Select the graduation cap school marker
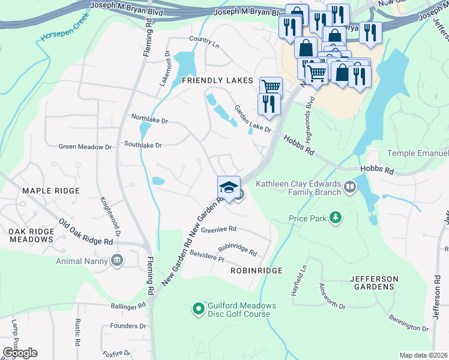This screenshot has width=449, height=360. point(228,187)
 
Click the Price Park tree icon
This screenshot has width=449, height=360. point(337,219)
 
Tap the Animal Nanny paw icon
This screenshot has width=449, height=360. point(116,260)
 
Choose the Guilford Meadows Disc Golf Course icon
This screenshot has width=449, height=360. point(199,309)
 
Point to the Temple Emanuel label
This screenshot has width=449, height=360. point(417,154)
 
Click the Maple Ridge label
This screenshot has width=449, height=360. point(51,191)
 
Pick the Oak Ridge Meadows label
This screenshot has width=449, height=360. point(31,235)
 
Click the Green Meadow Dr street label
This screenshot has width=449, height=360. point(85,146)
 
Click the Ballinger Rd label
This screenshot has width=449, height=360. point(128,305)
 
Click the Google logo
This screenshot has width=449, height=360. point(20,352)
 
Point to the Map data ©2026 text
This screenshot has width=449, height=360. point(423,355)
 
